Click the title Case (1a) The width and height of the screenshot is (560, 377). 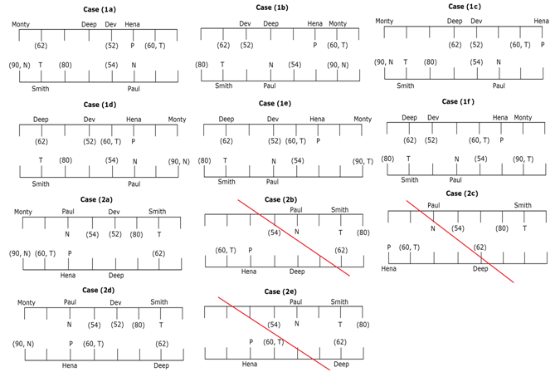100,9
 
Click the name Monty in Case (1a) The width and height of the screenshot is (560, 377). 22,24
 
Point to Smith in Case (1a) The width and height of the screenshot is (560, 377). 40,87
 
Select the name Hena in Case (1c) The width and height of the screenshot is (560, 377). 541,21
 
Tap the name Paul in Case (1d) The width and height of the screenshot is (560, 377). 134,184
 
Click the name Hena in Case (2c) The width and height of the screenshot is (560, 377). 388,269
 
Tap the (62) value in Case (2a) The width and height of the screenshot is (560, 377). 159,252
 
